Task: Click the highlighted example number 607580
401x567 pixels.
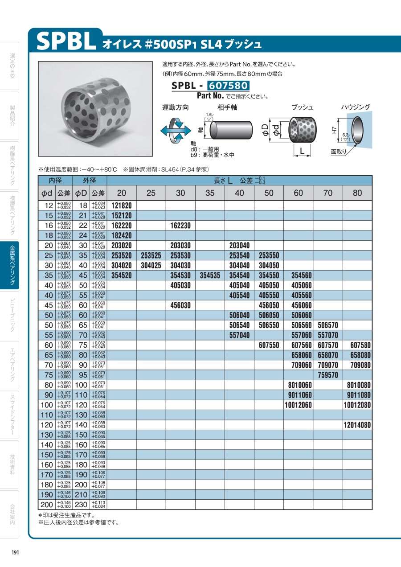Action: (226, 86)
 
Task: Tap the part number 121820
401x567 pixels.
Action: (122, 205)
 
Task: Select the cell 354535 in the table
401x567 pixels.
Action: (210, 275)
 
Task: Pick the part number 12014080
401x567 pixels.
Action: (357, 425)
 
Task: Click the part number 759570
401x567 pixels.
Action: (327, 375)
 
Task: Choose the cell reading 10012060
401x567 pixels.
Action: (298, 405)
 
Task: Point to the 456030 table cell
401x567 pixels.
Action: (180, 305)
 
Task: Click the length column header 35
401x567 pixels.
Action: (210, 193)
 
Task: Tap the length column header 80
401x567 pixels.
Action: (357, 193)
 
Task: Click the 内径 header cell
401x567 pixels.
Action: (56, 181)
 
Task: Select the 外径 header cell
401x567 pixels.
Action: (90, 181)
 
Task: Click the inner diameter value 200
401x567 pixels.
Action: (46, 505)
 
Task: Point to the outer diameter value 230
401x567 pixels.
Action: (81, 505)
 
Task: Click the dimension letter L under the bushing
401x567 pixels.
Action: (302, 152)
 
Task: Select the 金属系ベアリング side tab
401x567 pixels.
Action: (15, 267)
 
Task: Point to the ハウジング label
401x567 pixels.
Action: (355, 107)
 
